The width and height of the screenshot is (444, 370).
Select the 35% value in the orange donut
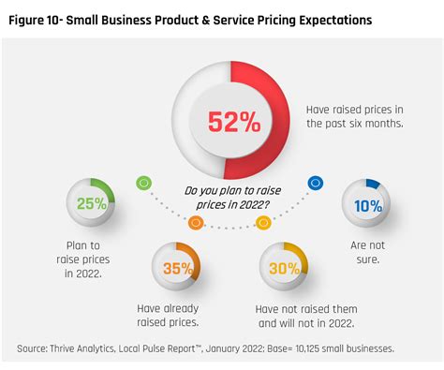click(176, 268)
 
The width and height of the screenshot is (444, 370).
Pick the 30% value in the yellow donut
click(283, 268)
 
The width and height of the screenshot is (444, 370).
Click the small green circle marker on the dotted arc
click(143, 183)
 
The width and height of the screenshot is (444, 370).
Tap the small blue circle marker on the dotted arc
click(315, 183)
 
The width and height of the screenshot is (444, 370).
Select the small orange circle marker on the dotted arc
click(196, 222)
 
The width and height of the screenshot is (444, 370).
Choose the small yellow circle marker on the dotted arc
click(263, 222)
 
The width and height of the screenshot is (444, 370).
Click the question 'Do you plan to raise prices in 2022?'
click(229, 198)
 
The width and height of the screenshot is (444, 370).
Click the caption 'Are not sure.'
click(365, 250)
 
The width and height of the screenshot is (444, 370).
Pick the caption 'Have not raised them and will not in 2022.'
click(306, 316)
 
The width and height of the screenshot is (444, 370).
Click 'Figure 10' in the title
click(43, 20)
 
